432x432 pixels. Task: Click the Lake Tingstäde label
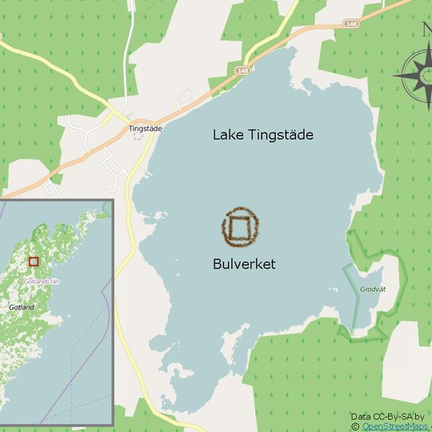point(262,135)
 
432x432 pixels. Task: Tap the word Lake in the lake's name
point(226,135)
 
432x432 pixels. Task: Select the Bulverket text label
point(244,264)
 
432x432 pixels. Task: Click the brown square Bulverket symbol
point(241,228)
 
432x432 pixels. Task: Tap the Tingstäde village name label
point(146,128)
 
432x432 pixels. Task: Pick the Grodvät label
point(373,289)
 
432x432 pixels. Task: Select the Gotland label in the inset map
point(22,307)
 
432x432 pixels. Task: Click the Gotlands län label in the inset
point(42,282)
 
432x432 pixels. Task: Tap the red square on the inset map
point(33,261)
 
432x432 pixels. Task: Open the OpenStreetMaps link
point(395,426)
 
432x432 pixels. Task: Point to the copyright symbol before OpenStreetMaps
point(355,426)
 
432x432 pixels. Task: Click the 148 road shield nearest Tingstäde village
point(243,70)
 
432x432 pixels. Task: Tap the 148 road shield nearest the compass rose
point(351,23)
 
